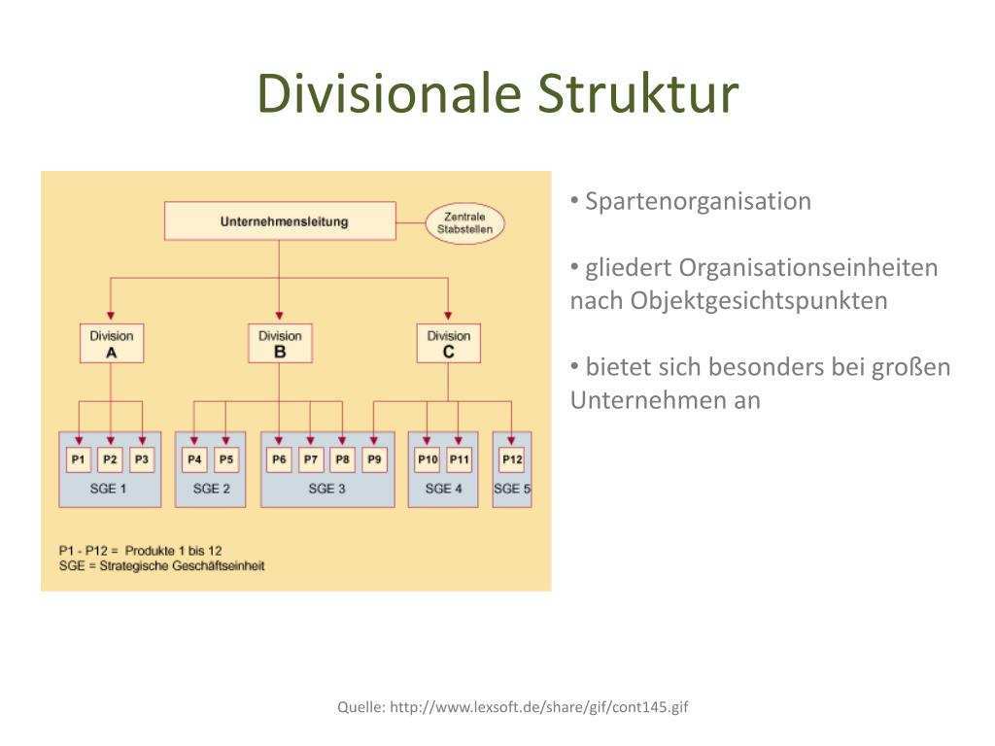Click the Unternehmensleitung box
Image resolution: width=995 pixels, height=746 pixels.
point(280,221)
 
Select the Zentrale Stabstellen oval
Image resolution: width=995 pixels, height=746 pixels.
point(465,223)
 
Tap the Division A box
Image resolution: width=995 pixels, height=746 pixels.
point(112,344)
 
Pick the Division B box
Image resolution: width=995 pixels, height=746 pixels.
point(280,344)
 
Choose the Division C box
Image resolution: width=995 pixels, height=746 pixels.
point(448,344)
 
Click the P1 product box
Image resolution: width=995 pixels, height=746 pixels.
point(79,458)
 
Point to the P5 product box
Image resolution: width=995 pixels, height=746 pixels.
point(226,458)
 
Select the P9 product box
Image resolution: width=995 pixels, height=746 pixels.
point(374,458)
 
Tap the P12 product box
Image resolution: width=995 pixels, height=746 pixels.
point(512,458)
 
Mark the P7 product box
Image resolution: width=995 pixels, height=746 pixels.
point(311,458)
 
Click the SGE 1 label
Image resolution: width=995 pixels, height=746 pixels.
point(109,489)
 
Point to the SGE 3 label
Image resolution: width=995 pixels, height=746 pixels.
point(327,489)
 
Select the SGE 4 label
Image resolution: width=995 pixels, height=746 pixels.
point(443,489)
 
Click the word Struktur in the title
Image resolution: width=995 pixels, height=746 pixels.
point(638,94)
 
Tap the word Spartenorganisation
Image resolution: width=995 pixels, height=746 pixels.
point(698,201)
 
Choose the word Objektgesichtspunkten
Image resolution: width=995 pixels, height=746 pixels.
point(758,300)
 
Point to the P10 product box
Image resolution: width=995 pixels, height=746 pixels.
point(428,458)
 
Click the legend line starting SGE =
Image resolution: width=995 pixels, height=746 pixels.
point(161,565)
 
